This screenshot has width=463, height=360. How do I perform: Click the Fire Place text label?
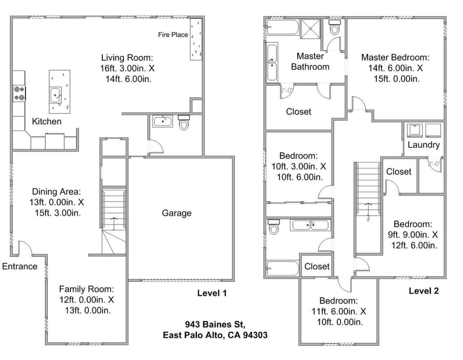point(173,35)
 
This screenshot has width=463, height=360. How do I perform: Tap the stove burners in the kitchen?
point(19,93)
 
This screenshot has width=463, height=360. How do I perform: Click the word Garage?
point(176,213)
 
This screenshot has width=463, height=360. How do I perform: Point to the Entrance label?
point(19,267)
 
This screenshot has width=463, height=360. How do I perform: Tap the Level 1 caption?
point(212,293)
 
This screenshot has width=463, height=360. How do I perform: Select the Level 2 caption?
point(423,291)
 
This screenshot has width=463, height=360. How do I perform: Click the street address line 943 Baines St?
point(215,324)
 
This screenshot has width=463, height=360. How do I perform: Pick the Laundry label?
point(423,145)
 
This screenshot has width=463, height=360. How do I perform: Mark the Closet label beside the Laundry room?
point(399,172)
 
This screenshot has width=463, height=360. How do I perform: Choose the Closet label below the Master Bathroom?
point(299,111)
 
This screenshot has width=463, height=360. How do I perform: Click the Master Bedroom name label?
point(395,57)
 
